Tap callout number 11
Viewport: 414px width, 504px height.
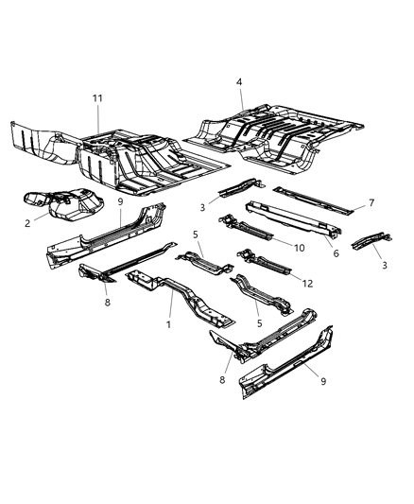coord(97,98)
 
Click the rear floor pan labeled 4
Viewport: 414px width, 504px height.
coord(284,132)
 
